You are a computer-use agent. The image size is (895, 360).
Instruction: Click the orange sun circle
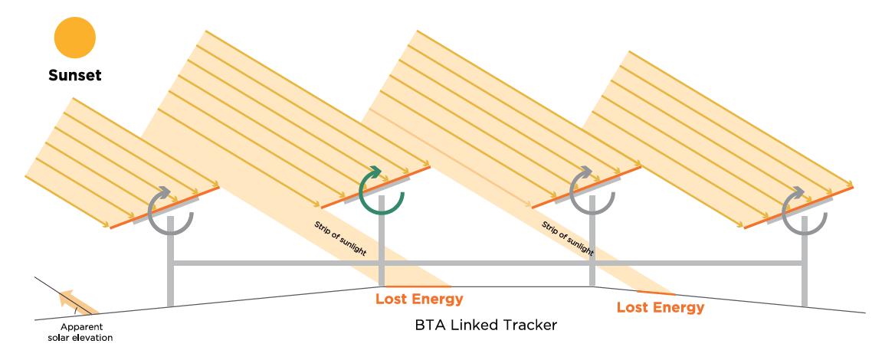click(x=74, y=38)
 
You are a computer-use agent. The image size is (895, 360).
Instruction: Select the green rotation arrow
click(x=381, y=191)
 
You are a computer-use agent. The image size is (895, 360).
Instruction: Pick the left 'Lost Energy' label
click(x=419, y=298)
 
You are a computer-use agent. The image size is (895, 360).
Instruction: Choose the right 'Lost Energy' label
click(x=660, y=307)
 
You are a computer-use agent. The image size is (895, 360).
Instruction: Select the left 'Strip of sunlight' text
click(x=339, y=238)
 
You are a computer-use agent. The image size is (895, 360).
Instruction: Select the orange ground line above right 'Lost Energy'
click(x=655, y=293)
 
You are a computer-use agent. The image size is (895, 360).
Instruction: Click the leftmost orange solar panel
click(x=165, y=208)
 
